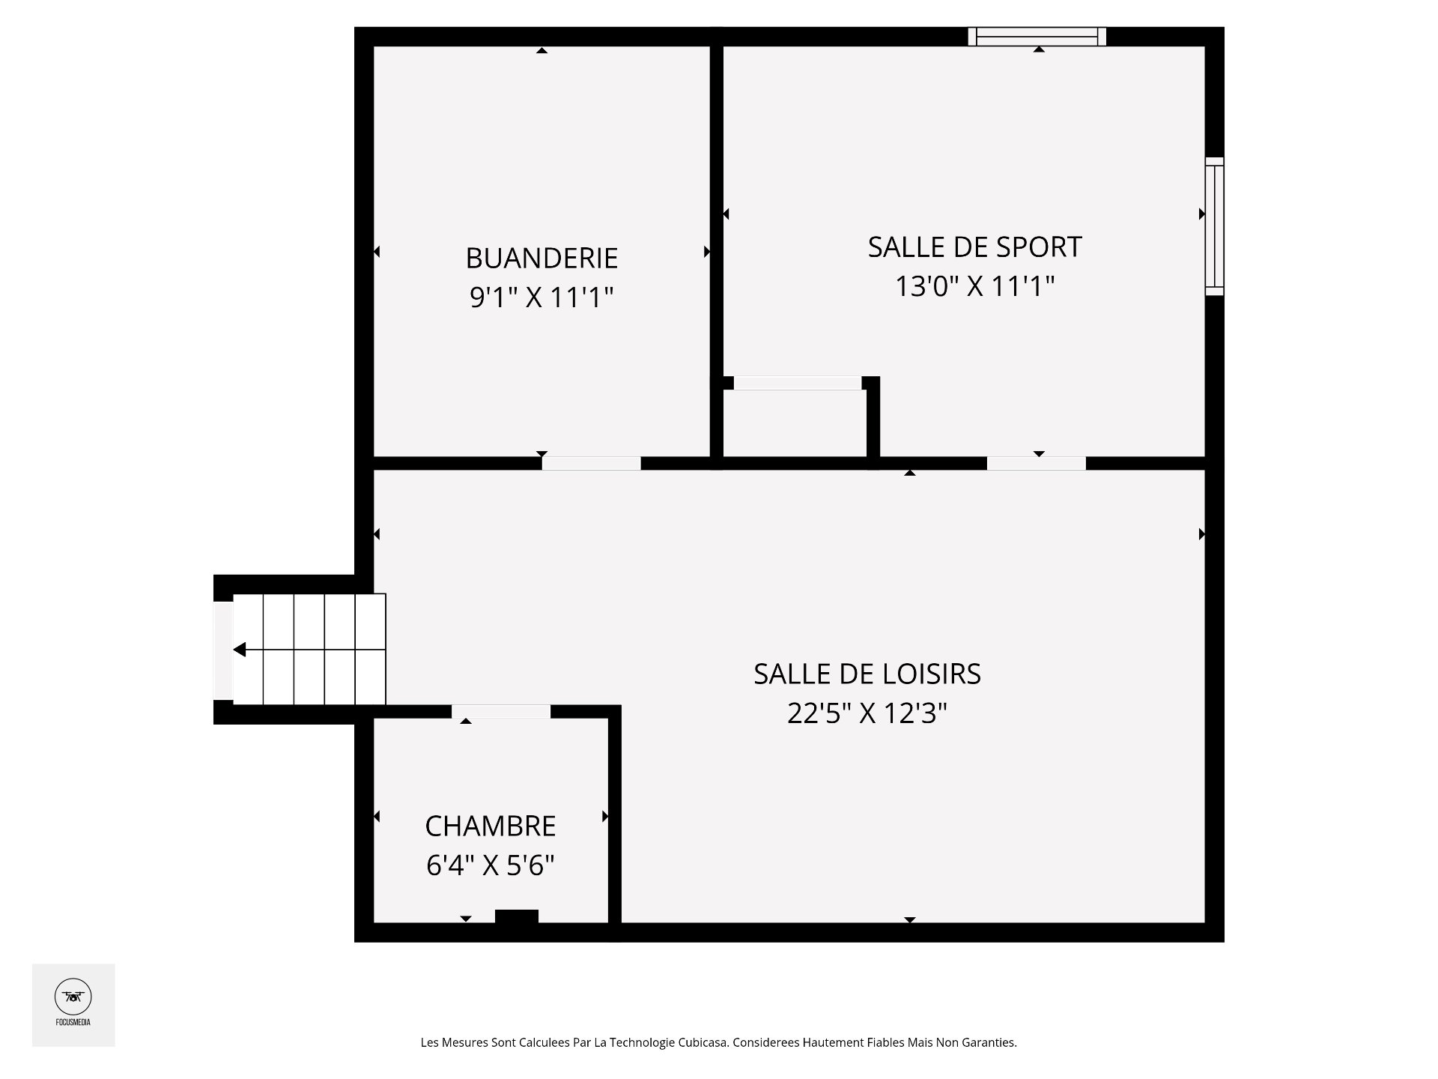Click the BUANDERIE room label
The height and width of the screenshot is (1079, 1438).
[541, 258]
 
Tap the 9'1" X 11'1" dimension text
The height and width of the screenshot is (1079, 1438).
[541, 297]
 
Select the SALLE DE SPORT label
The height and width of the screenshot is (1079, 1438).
[974, 247]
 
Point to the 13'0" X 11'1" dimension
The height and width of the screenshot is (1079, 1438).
[974, 286]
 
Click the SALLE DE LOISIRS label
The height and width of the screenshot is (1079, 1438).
[867, 674]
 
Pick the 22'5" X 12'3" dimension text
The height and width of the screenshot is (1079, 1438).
[867, 713]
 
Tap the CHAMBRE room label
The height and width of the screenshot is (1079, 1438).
[491, 826]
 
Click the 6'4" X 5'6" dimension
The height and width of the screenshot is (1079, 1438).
[491, 866]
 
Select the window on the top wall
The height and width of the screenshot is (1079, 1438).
[1037, 36]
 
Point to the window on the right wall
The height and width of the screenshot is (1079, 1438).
[1214, 226]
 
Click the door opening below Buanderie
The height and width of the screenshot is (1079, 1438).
[592, 463]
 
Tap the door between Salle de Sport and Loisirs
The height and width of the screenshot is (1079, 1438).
[1036, 463]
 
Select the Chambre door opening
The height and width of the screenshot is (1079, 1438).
[501, 712]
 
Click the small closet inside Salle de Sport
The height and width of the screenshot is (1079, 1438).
[795, 423]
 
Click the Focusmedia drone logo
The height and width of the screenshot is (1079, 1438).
[73, 997]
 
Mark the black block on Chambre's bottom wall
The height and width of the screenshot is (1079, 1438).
[517, 916]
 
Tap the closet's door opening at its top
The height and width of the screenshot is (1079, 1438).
[798, 383]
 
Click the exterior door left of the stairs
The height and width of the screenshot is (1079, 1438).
[223, 650]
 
